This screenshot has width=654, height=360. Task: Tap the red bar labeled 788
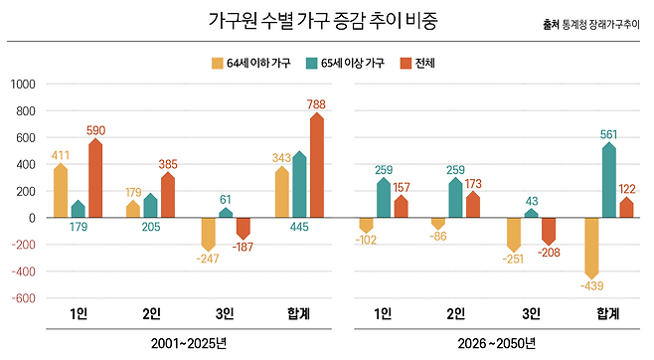317,165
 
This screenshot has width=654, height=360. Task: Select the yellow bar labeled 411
61,190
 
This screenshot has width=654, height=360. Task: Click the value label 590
96,129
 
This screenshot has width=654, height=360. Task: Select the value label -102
366,240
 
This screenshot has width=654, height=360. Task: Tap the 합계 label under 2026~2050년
608,314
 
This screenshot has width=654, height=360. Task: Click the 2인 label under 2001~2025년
152,314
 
